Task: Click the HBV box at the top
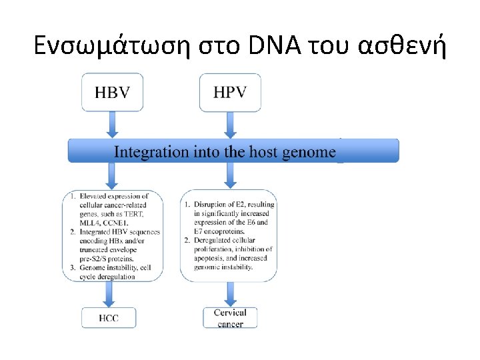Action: [112, 92]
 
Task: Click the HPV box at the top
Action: [230, 92]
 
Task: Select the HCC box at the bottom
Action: [109, 318]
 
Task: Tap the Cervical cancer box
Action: [230, 317]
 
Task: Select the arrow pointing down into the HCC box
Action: [109, 294]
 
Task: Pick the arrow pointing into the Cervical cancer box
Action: [230, 294]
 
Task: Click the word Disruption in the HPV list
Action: [211, 204]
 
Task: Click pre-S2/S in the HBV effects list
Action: [95, 258]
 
